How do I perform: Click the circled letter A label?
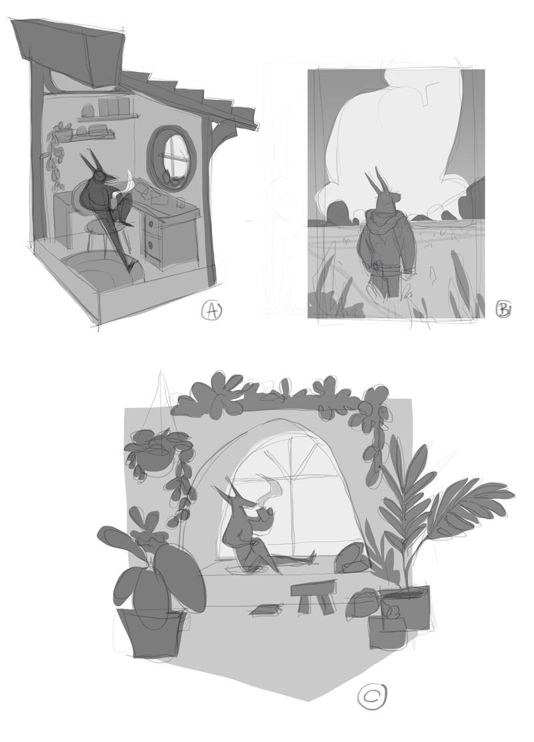coord(211,311)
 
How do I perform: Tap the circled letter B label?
coord(503,309)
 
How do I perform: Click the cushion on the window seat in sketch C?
coord(351,559)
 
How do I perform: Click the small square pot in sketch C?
coord(388,633)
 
